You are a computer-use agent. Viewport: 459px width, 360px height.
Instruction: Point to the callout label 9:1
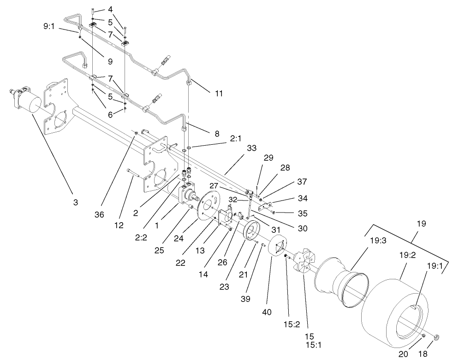(49, 27)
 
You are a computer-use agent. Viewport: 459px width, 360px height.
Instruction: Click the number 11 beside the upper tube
(219, 93)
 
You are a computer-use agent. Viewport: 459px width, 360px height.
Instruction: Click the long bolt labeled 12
(134, 174)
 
